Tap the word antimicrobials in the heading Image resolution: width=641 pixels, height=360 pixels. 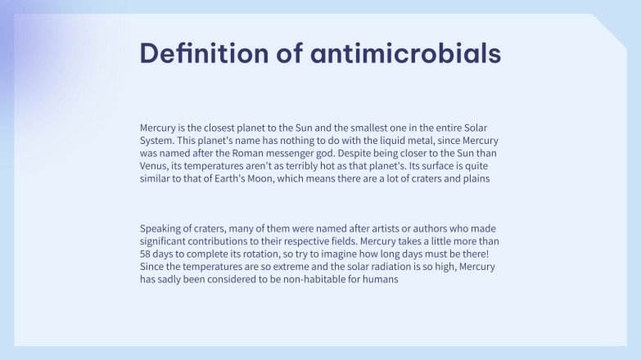pos(406,53)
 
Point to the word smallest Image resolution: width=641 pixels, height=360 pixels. pos(356,128)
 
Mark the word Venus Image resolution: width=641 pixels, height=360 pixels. pos(156,167)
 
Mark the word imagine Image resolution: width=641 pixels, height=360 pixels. pos(334,254)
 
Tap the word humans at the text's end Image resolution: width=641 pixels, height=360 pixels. pos(379,280)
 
